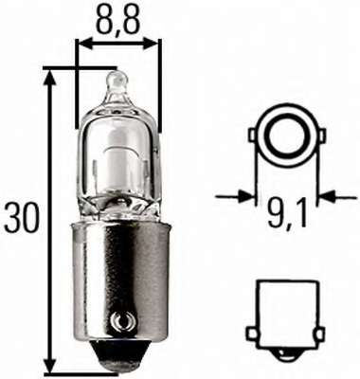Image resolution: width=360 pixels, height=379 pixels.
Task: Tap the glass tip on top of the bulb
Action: pyautogui.click(x=115, y=82)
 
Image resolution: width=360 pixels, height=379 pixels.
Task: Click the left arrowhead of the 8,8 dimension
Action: pyautogui.click(x=79, y=43)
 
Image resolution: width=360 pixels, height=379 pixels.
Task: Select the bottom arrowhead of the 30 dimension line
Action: pyautogui.click(x=51, y=370)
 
